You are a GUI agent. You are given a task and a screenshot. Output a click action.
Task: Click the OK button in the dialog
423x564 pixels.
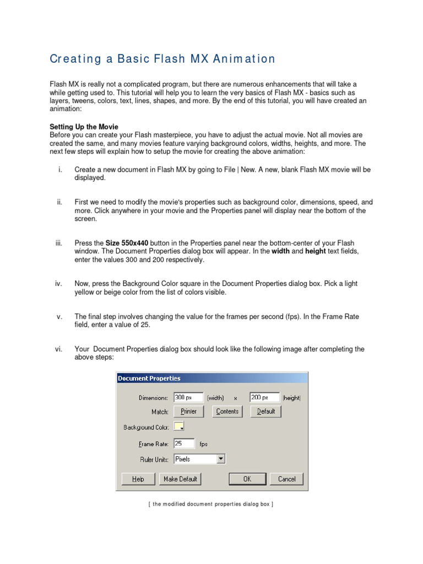(x=247, y=479)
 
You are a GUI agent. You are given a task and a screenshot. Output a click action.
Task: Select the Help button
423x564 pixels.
(x=138, y=479)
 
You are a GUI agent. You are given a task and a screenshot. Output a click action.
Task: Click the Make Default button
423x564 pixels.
(x=181, y=479)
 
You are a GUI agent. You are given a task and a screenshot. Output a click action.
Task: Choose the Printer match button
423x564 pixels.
(x=188, y=411)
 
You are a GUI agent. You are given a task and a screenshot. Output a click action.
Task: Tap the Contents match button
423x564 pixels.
(x=227, y=411)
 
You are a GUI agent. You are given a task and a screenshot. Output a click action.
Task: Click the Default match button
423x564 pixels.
(x=266, y=411)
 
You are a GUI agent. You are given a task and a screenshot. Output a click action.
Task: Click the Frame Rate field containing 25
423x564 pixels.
(x=184, y=443)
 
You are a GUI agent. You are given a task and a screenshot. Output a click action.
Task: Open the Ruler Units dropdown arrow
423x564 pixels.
(x=221, y=458)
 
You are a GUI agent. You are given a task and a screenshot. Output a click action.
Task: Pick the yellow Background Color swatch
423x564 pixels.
(x=178, y=426)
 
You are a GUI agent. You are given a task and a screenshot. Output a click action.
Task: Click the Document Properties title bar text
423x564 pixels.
(x=149, y=378)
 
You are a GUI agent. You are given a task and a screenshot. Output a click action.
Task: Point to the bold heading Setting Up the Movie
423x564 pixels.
(x=84, y=127)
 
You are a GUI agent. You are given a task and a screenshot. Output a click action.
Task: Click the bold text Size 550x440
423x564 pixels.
(x=127, y=243)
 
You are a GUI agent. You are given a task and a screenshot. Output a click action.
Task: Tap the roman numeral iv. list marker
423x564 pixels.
(x=58, y=284)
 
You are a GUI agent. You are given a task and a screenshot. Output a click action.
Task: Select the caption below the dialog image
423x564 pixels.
(x=211, y=504)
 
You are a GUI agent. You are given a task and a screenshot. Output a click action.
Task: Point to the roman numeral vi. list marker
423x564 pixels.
(x=58, y=349)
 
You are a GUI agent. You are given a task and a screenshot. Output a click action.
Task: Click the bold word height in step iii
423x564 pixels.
(x=316, y=251)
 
